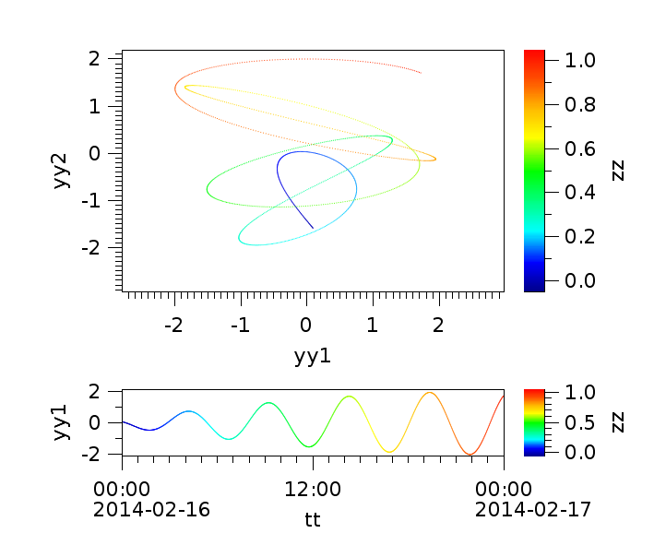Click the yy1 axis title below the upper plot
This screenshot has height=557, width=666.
[313, 355]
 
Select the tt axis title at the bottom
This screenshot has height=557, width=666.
[313, 519]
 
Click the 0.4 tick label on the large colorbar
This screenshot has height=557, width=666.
[577, 193]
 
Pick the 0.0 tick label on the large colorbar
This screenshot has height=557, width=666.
[577, 280]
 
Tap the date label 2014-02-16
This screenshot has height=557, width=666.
[151, 509]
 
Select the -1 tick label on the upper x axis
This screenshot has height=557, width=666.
[240, 326]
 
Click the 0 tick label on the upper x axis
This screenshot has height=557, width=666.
[306, 326]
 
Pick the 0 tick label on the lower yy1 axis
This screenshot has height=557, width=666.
[106, 422]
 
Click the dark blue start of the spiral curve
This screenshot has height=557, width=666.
[312, 227]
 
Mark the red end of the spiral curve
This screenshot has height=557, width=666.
[421, 72]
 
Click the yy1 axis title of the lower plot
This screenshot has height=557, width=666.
[62, 422]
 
